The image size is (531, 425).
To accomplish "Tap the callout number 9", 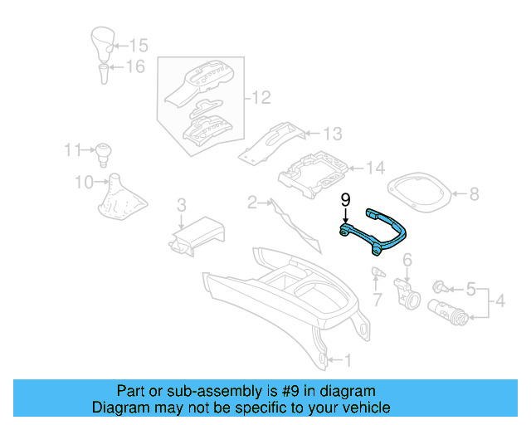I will click(x=345, y=200).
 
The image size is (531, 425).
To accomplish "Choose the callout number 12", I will click(x=261, y=99).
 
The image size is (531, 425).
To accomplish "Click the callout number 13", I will click(x=332, y=134).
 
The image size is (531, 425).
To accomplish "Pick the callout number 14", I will click(x=376, y=169).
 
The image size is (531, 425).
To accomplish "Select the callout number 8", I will click(x=475, y=194).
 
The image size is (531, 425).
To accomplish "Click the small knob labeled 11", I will click(x=103, y=152).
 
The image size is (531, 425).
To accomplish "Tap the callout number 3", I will click(x=181, y=204).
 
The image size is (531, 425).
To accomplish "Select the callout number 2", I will click(x=252, y=202).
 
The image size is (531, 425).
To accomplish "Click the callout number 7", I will click(x=376, y=297).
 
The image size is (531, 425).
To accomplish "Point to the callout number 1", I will click(x=348, y=360).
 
